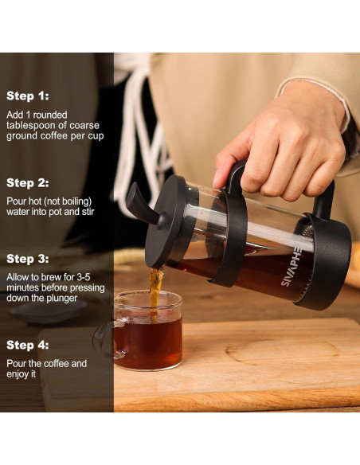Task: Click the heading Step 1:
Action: tap(28, 96)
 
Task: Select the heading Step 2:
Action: tap(28, 182)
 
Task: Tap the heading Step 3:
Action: tap(28, 259)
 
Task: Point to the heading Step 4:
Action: tap(28, 346)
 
